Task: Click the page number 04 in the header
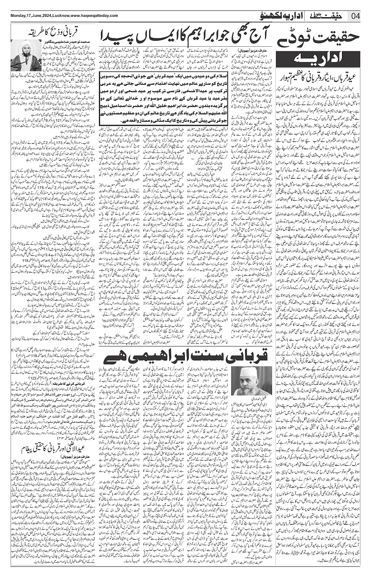click(x=355, y=16)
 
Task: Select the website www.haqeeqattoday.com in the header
click(x=94, y=15)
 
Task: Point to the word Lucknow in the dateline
click(x=61, y=15)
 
